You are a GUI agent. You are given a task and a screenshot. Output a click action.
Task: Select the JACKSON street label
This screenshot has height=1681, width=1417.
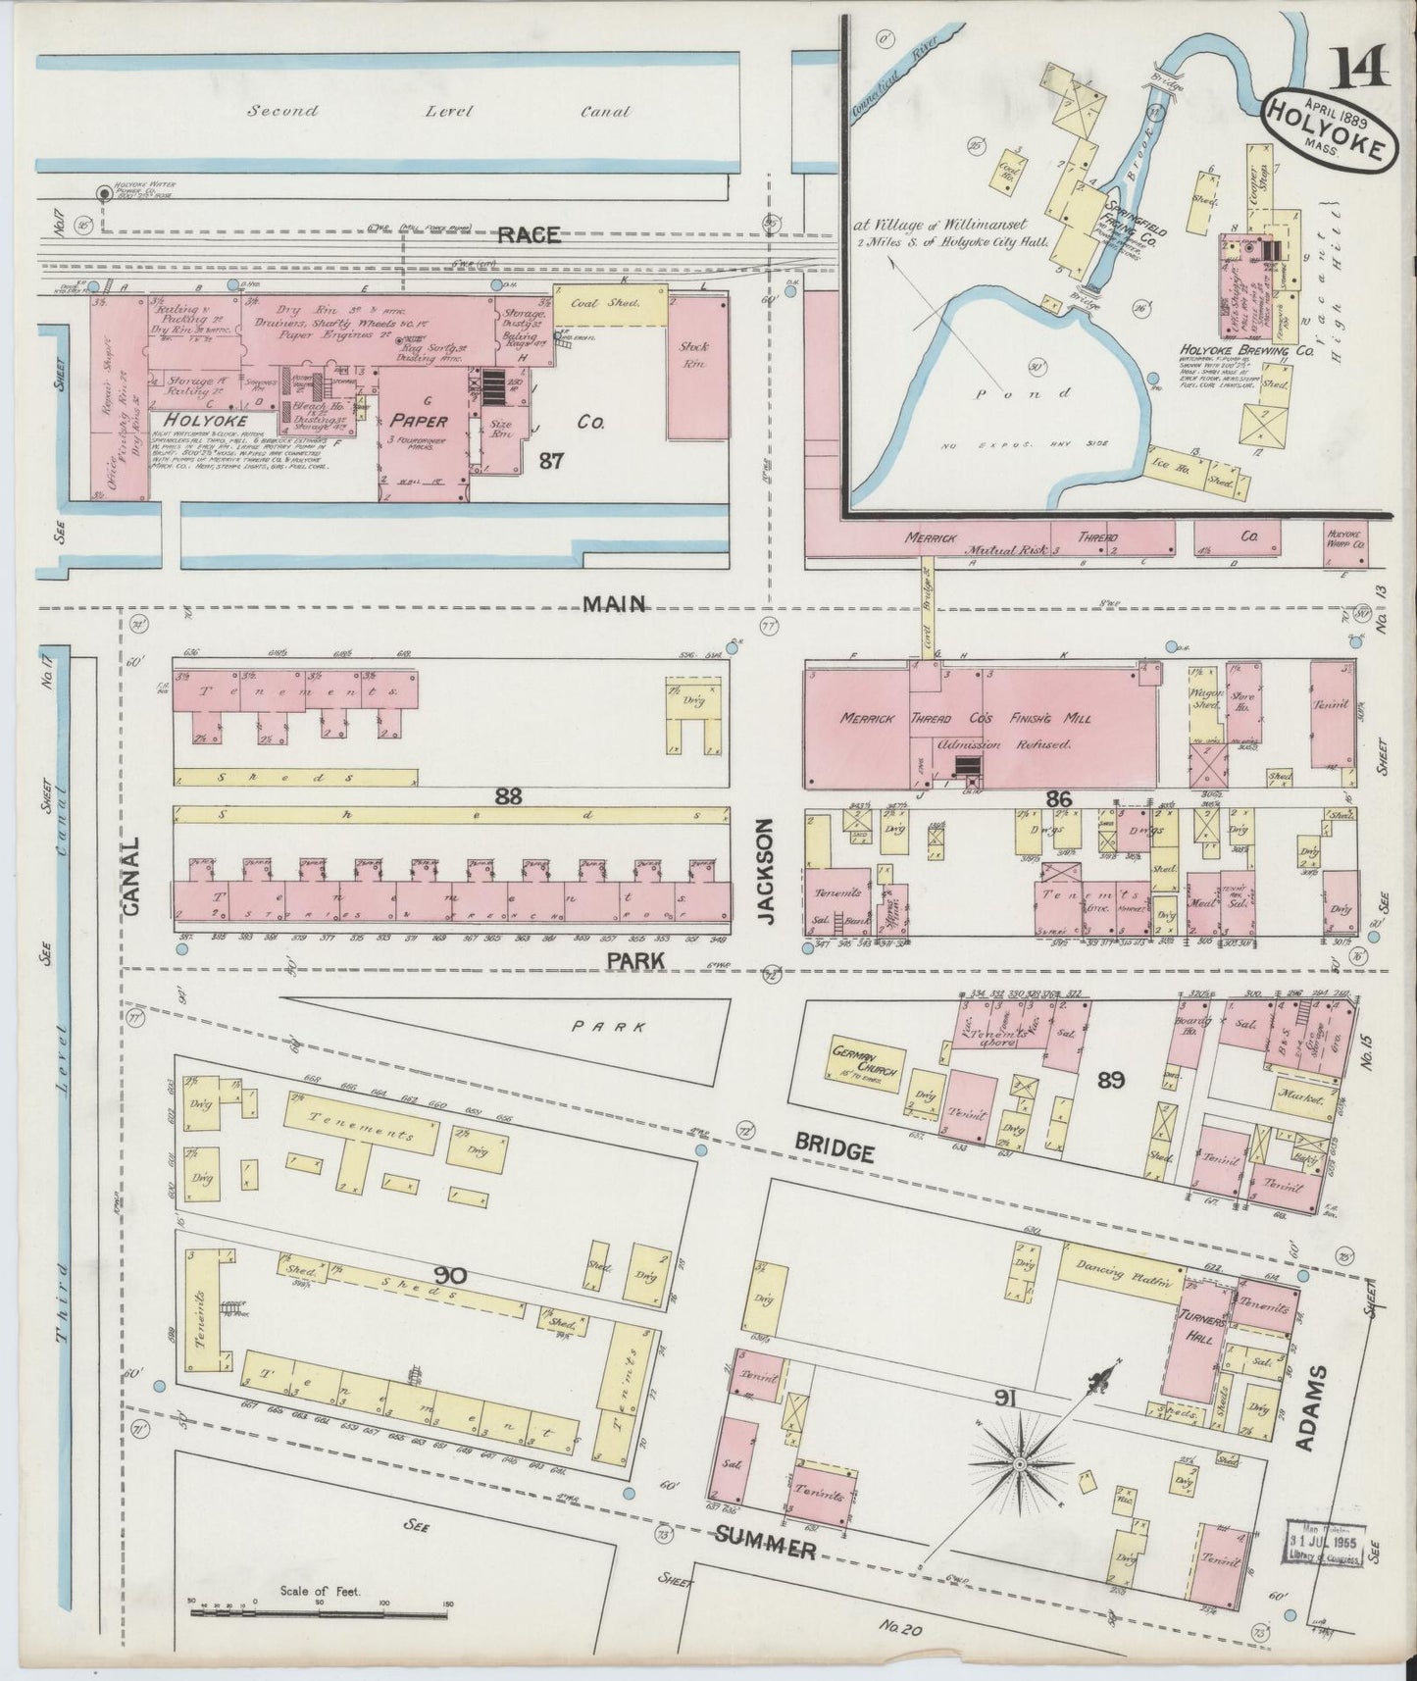click(x=768, y=873)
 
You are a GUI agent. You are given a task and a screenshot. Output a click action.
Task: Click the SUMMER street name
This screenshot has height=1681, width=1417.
click(x=766, y=1548)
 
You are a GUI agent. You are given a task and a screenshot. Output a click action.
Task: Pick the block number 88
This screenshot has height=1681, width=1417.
click(x=508, y=797)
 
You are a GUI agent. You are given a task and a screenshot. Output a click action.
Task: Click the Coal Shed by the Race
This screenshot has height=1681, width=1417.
click(x=611, y=303)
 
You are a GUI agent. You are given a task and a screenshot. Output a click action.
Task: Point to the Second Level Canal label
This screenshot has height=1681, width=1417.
click(x=436, y=112)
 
